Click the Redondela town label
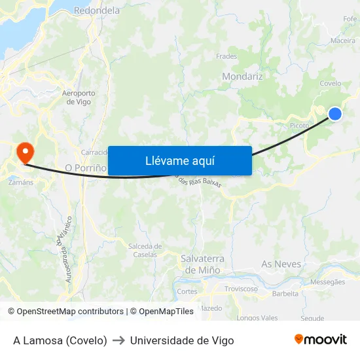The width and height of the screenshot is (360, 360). point(97,10)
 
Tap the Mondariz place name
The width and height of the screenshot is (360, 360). point(242,77)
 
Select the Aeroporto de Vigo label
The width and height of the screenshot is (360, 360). point(79,98)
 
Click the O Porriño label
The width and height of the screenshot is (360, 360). point(86,168)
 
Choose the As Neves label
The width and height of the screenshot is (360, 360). point(281,264)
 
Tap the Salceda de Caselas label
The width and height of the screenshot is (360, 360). point(145,250)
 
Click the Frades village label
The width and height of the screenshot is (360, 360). point(226,56)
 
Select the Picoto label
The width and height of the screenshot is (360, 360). point(299,126)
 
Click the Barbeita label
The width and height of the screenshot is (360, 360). point(285,293)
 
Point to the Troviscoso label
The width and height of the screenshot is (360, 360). point(241,289)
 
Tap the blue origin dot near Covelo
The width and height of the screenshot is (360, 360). point(334,114)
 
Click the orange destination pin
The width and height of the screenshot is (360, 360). point(26,153)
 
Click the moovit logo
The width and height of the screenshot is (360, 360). point(321,339)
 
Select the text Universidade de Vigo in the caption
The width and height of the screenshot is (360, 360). point(182,340)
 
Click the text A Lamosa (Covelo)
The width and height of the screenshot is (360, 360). point(60,340)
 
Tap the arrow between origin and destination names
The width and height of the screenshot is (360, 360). point(118,340)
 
